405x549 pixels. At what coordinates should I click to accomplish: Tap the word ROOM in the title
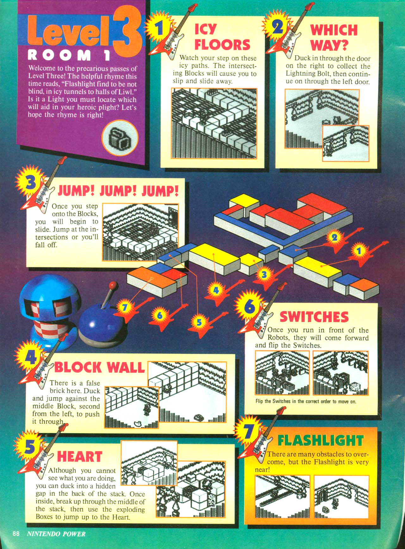tap(59, 55)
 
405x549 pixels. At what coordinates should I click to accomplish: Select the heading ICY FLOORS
tap(222, 37)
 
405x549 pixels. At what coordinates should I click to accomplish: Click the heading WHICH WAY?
tap(333, 37)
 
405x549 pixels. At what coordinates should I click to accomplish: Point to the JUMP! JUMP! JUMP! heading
tap(118, 191)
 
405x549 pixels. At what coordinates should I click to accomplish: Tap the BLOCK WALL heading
tap(99, 368)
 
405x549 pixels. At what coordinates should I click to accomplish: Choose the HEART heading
tap(79, 457)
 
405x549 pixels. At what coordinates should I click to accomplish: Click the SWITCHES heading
tap(314, 317)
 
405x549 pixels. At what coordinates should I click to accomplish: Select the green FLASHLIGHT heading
tap(321, 440)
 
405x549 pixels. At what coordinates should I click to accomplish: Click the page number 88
tap(16, 534)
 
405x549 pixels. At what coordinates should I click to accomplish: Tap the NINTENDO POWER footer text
tap(56, 534)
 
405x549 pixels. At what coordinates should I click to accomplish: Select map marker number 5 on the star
tap(199, 322)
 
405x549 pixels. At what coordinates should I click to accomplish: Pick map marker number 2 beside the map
tap(334, 237)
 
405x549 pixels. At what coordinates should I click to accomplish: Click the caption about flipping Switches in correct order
tap(306, 402)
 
